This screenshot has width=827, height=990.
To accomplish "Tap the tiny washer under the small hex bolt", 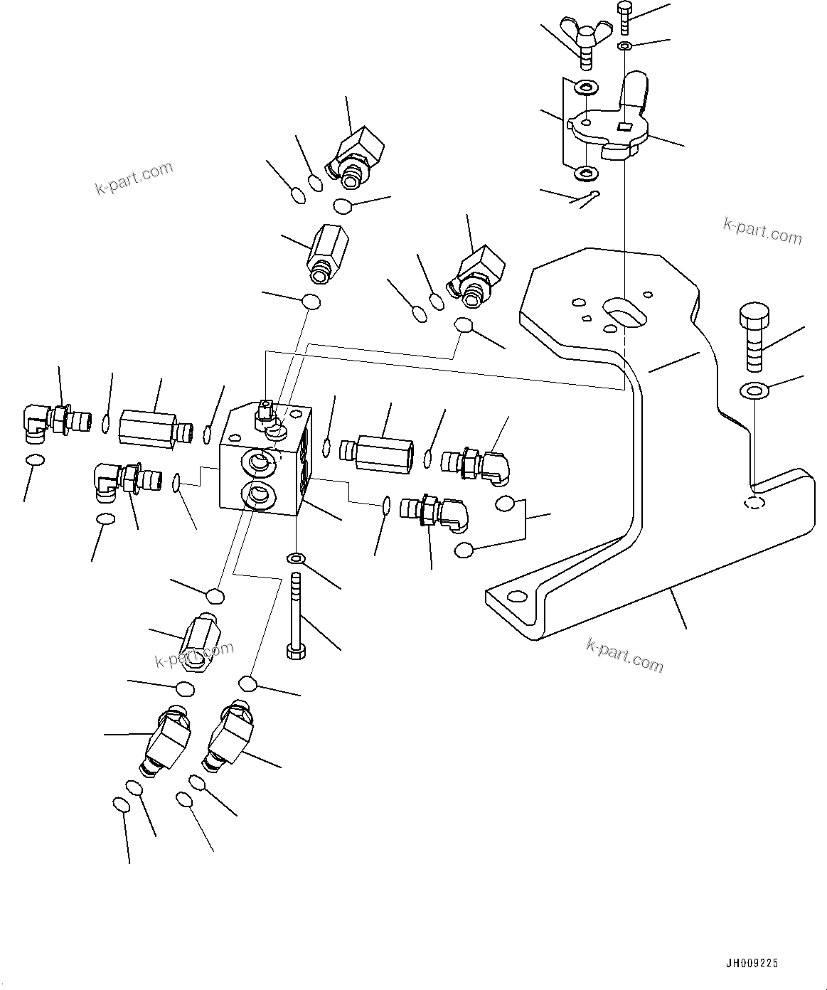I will (624, 47).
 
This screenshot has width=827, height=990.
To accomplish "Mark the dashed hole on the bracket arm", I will (754, 504).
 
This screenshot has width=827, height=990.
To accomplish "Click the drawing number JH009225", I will (752, 963).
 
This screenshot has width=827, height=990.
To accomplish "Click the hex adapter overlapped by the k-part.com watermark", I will (196, 641).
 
